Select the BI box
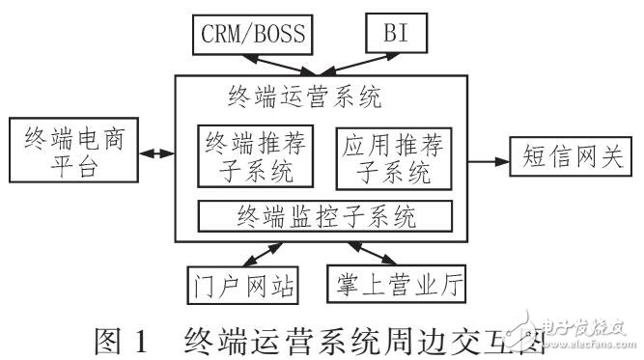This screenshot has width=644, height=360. [394, 34]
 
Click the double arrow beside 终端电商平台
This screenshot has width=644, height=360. [155, 152]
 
